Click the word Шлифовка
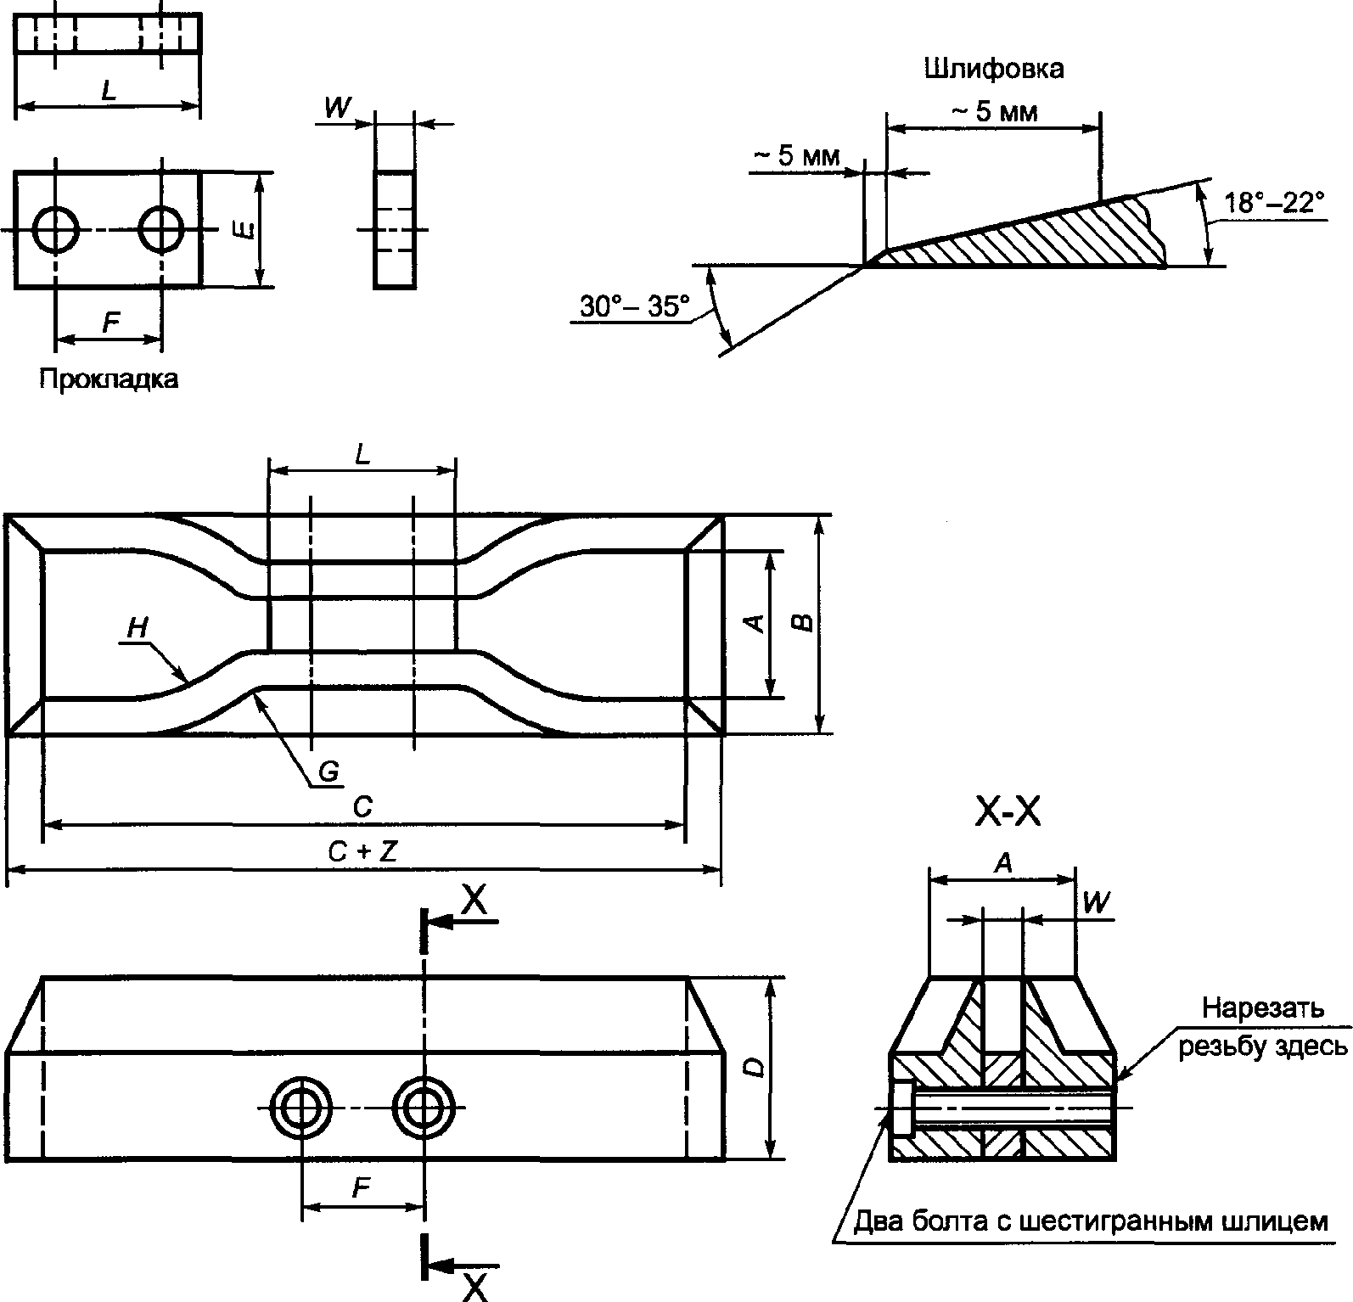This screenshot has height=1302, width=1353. click(x=993, y=68)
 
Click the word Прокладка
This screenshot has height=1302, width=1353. click(x=109, y=378)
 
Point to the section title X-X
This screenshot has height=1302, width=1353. click(x=1008, y=812)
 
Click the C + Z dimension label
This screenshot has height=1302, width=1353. click(x=363, y=851)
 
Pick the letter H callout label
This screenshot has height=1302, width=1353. click(x=137, y=628)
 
